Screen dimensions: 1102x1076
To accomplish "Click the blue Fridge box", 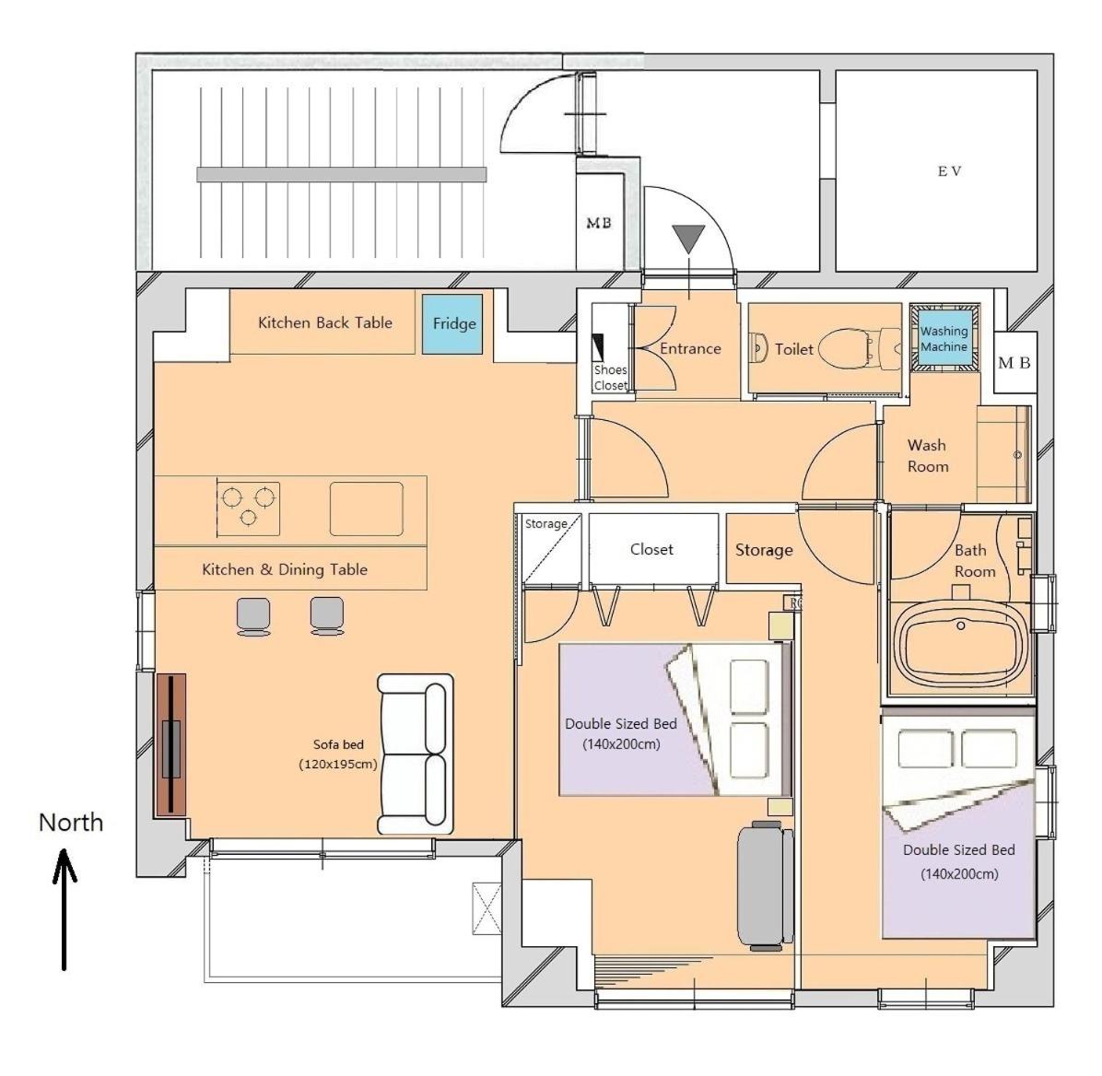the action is [x=451, y=324].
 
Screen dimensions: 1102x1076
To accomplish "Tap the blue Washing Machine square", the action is [x=944, y=338].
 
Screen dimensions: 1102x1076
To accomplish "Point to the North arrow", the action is [x=64, y=909].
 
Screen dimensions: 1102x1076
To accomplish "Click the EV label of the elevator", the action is [x=949, y=170].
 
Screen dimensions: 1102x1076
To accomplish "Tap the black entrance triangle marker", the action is [x=688, y=239].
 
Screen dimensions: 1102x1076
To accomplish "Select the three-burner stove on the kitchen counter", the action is [x=248, y=509].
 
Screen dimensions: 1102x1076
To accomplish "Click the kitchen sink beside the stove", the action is [x=366, y=509].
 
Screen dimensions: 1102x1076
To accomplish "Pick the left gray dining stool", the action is [x=253, y=616].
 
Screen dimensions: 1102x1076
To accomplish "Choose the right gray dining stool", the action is [x=327, y=616].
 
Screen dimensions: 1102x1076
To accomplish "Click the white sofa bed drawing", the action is [x=415, y=754].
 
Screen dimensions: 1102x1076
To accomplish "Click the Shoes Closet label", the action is [x=610, y=378].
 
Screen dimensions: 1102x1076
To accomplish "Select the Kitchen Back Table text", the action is [x=324, y=322].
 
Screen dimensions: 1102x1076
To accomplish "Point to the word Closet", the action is [x=651, y=549].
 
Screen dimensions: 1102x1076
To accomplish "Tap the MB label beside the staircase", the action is [x=599, y=223].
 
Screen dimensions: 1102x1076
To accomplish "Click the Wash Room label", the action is [x=928, y=455].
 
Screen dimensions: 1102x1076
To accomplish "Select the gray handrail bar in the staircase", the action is [x=342, y=174].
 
